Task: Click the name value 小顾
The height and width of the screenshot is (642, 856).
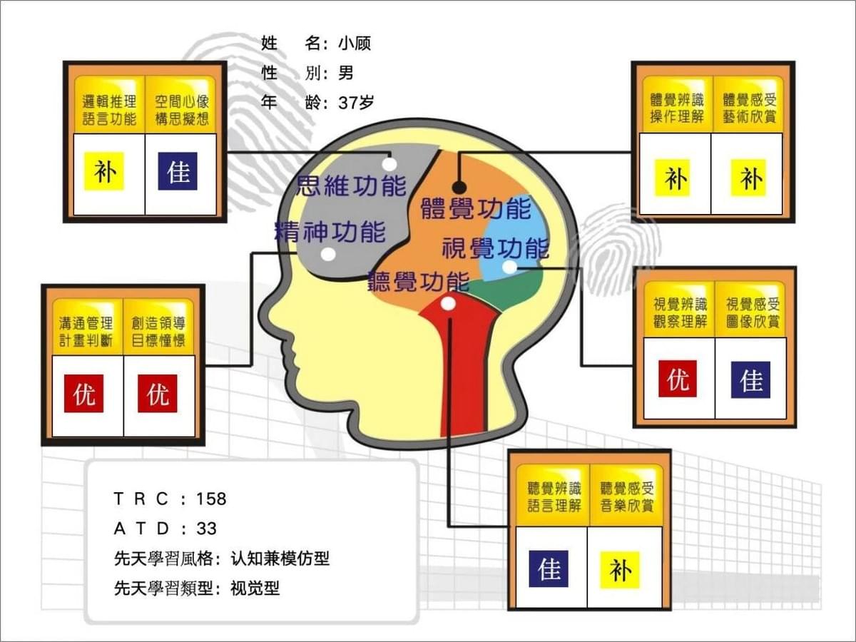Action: coord(355,44)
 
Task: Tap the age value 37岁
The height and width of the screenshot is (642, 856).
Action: coord(356,103)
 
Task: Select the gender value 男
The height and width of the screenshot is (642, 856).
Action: coord(346,73)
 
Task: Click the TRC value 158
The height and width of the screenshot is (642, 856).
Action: coord(211,499)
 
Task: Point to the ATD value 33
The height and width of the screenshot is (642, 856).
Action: coord(206,529)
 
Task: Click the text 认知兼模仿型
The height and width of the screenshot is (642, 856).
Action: coord(280,559)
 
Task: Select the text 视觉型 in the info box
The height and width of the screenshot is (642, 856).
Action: coord(255,588)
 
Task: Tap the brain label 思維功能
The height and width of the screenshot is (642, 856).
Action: coord(352,185)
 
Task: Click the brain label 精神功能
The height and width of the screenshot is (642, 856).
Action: coord(330,232)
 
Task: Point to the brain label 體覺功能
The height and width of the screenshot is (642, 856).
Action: coord(477,208)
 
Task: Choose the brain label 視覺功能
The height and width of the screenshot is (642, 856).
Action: coord(496,248)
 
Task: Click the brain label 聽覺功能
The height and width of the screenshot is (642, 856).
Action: coord(419,282)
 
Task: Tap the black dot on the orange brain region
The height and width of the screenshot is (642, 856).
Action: coord(459,188)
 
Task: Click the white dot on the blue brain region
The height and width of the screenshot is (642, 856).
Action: coord(509,267)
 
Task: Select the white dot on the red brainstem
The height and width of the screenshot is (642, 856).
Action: coord(449,303)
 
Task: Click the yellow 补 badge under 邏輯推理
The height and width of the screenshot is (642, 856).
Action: coord(104,171)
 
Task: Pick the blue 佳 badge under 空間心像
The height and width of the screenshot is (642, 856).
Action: coord(178,171)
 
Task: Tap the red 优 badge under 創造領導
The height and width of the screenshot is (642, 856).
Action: coord(158,393)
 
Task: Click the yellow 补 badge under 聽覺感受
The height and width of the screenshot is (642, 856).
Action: coord(620,570)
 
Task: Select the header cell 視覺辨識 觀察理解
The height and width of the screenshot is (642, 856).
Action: coord(680,312)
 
